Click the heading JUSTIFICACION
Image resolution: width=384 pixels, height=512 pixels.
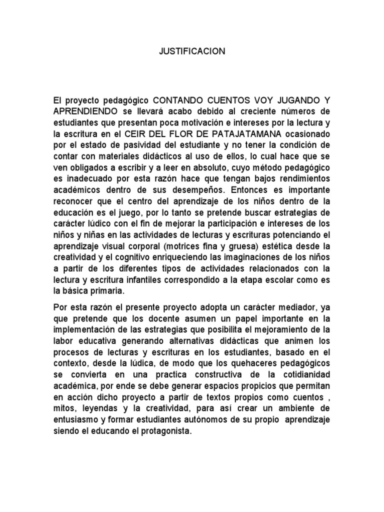[192, 51]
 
